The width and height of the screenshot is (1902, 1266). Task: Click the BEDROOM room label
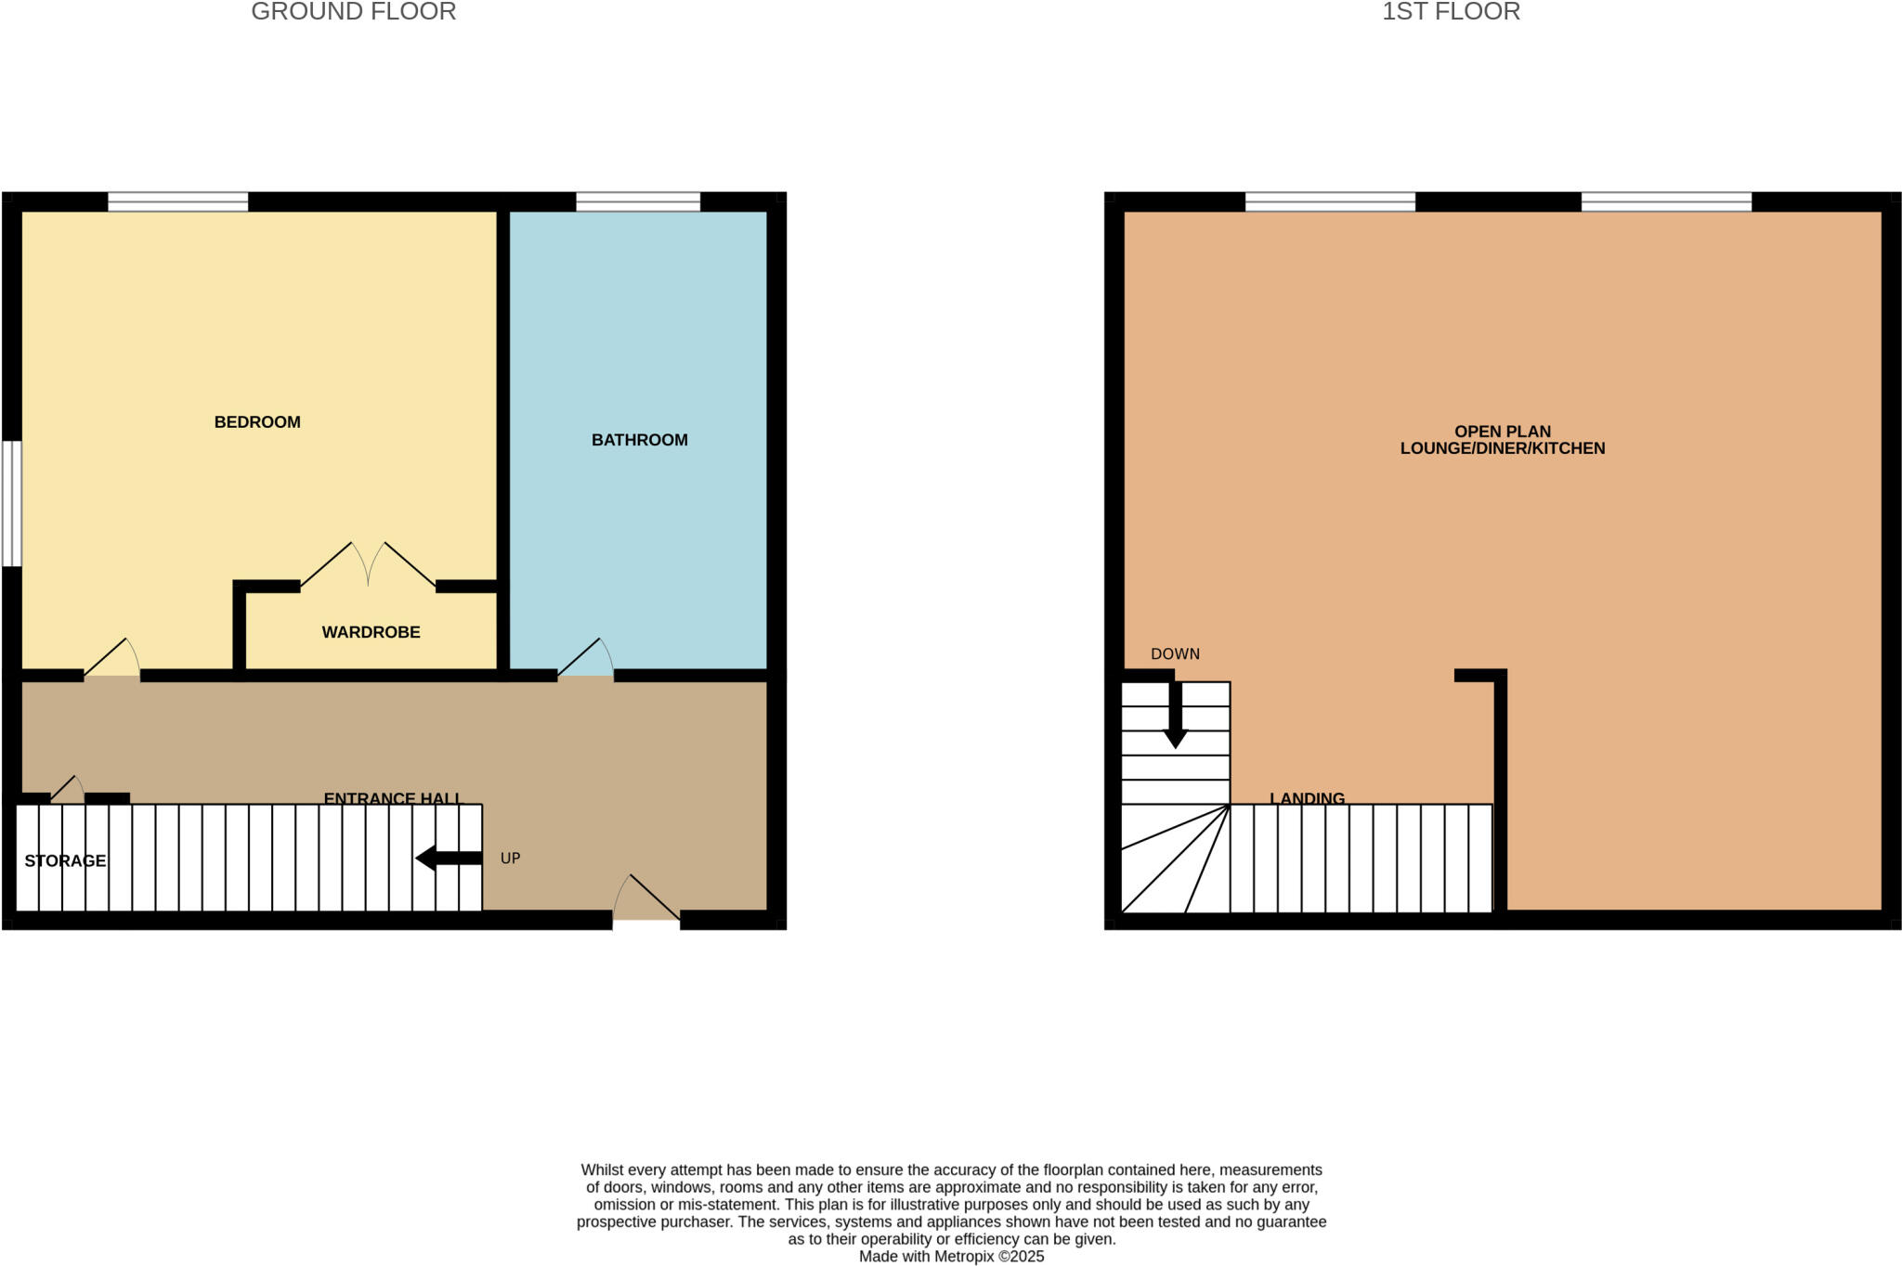257,422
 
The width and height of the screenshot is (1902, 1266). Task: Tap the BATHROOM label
639,440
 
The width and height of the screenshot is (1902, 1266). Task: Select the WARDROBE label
371,632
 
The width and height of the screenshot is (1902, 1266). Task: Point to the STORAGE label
65,861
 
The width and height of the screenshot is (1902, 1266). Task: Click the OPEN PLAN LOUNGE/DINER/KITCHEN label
1502,440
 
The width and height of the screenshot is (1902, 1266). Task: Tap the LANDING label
1307,798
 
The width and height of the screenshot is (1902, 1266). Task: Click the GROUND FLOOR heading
353,12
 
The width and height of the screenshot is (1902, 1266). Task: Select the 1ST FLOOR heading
1451,12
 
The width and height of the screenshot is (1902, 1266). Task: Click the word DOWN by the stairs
1175,654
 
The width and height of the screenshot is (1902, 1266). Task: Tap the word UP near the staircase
510,859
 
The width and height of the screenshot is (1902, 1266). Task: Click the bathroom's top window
638,201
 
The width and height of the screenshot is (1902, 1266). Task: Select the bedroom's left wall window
11,503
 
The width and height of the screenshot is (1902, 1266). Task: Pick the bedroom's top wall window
177,201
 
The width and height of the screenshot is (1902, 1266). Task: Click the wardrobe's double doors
369,565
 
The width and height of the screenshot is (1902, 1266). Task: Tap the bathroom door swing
585,659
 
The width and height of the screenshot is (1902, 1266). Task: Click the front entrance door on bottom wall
646,898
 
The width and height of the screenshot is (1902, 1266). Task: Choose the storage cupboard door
67,790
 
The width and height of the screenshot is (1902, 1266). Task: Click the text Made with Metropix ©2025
951,1257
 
